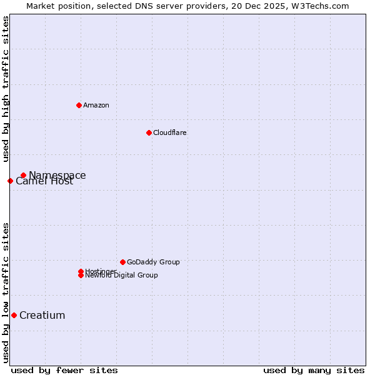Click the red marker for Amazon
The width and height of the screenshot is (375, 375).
pyautogui.click(x=79, y=105)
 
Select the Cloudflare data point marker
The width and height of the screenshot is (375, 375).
pyautogui.click(x=149, y=132)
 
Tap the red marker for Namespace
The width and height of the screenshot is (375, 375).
pyautogui.click(x=23, y=176)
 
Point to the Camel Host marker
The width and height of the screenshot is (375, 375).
pyautogui.click(x=10, y=181)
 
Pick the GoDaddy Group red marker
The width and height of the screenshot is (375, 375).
pyautogui.click(x=122, y=262)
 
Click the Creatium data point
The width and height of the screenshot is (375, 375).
pyautogui.click(x=14, y=316)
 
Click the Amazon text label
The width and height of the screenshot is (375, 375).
pyautogui.click(x=96, y=105)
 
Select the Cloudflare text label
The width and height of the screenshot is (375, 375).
pyautogui.click(x=170, y=132)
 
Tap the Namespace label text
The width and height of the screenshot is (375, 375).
pyautogui.click(x=57, y=176)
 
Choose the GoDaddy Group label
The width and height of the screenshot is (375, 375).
pyautogui.click(x=153, y=262)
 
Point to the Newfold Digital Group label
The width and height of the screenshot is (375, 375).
pyautogui.click(x=121, y=276)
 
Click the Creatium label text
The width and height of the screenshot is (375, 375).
pyautogui.click(x=42, y=316)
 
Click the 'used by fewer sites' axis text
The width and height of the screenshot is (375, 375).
pyautogui.click(x=64, y=370)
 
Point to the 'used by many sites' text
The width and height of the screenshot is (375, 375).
pyautogui.click(x=314, y=370)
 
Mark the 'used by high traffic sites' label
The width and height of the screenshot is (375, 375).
pyautogui.click(x=6, y=89)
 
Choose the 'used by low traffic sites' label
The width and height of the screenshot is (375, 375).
pyautogui.click(x=6, y=292)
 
